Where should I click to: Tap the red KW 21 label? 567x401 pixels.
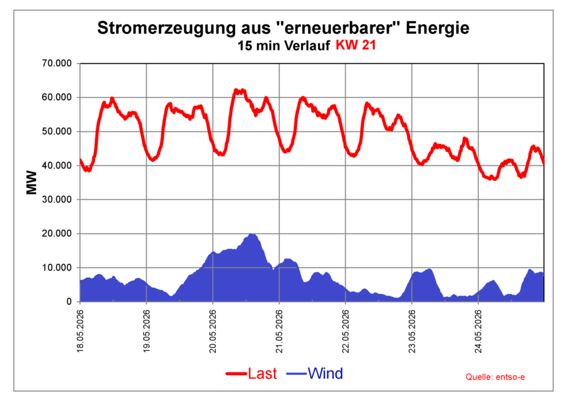356,45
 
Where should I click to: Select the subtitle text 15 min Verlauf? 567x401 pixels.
283,46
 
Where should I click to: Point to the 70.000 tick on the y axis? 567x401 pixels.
57,64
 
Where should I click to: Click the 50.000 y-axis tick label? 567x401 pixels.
57,132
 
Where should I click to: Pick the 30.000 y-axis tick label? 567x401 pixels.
57,199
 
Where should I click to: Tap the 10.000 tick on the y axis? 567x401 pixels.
57,268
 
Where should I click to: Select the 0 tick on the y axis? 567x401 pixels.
69,302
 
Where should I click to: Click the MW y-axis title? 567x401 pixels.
32,183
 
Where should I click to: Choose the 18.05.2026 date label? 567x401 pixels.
80,331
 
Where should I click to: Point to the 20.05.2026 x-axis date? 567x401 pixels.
213,331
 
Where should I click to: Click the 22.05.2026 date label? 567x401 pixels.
346,331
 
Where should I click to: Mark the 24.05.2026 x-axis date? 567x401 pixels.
478,331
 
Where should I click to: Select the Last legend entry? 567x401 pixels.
251,373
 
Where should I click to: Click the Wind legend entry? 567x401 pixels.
315,373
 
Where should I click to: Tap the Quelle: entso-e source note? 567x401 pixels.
495,377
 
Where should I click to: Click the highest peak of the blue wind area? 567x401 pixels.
252,234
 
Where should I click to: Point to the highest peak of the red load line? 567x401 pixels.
236,90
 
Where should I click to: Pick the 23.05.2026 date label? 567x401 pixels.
412,331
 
